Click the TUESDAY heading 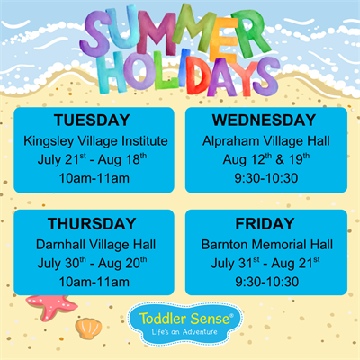(92, 121)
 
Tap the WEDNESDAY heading (264, 121)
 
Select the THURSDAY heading (92, 224)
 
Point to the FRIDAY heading (265, 224)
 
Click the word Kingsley (49, 141)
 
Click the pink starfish (51, 307)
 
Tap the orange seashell (88, 328)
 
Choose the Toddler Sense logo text (186, 319)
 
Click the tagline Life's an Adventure (184, 332)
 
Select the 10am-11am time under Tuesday (94, 178)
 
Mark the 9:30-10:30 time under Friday (266, 282)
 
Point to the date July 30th (62, 263)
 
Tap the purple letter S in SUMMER (96, 34)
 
